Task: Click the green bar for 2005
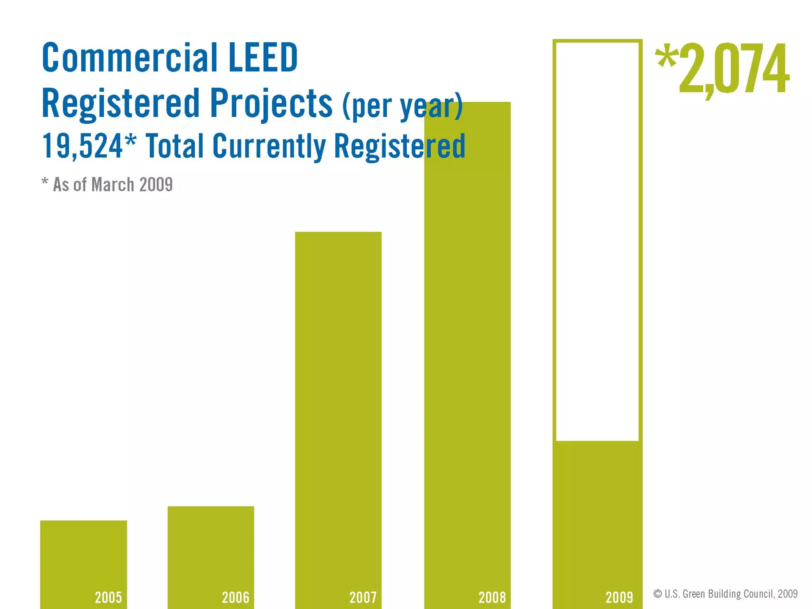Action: point(83,555)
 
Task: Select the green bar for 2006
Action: point(211,547)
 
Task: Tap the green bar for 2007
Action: point(338,396)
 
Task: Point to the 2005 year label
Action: point(108,597)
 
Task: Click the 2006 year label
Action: point(236,597)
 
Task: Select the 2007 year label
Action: point(363,597)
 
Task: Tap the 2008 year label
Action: point(492,597)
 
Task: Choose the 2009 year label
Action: point(619,597)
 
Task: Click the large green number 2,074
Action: point(733,69)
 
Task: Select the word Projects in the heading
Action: point(271,104)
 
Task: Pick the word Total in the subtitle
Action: point(175,146)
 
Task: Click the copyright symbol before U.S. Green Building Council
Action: point(657,594)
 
